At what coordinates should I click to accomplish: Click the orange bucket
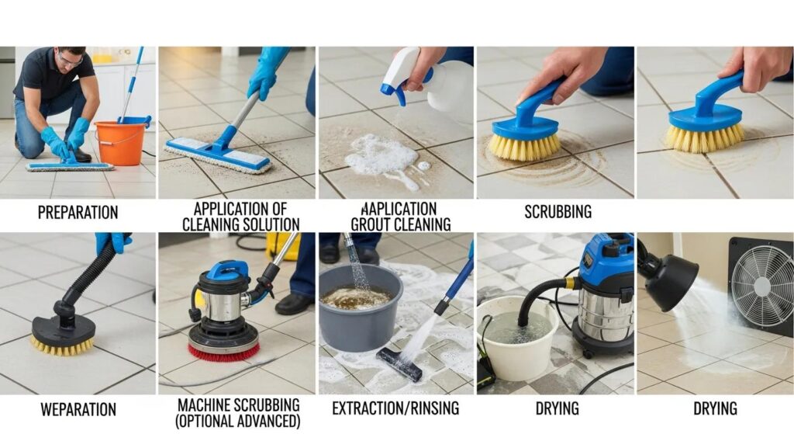pos(120,144)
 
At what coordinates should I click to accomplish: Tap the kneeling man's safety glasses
pos(71,60)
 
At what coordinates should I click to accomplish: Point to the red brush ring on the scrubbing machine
pos(224,352)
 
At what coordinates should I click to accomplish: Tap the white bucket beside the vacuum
pos(516,337)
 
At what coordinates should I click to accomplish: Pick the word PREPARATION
pos(78,213)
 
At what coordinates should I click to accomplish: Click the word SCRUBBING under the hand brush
pos(558,211)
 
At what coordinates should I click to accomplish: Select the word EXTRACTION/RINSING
pos(395,408)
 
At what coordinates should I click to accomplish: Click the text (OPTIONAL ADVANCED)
pos(238,422)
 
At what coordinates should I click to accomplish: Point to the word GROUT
pos(370,224)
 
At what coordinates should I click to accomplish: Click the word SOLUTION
pos(269,224)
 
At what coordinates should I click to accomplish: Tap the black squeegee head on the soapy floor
pos(399,364)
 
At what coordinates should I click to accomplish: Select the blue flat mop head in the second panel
pos(217,155)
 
